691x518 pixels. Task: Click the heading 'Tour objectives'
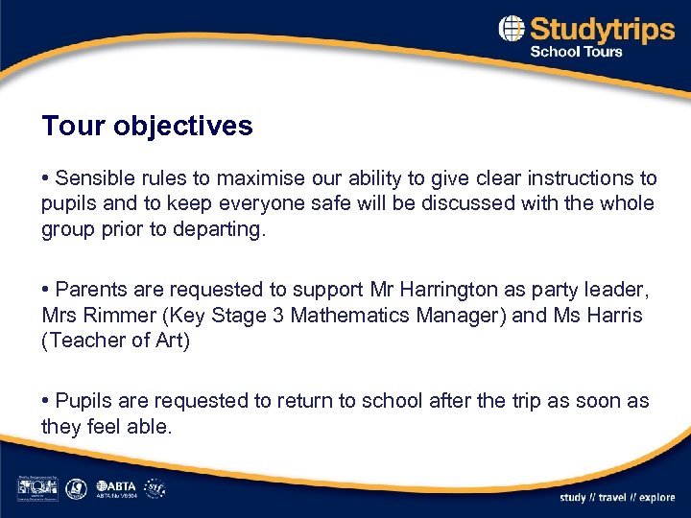coord(147,126)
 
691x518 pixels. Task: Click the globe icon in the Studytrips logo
coord(512,29)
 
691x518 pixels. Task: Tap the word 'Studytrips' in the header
coord(602,29)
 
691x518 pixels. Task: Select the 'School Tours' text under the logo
coord(577,52)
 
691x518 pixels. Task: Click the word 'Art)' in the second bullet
coord(172,341)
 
